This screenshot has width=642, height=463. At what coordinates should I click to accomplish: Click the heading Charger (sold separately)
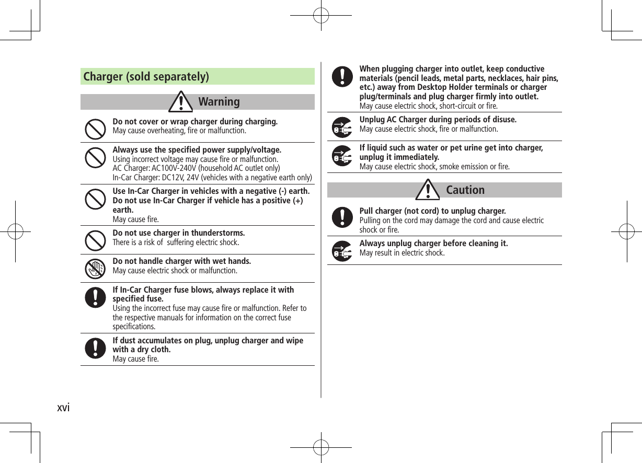tap(146, 77)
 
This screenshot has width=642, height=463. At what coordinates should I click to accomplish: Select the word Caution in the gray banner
tap(465, 190)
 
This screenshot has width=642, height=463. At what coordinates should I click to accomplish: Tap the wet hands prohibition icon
tap(95, 268)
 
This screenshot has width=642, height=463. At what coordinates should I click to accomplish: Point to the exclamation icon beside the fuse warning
tap(95, 297)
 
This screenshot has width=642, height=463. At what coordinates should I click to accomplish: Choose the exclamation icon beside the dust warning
tap(95, 349)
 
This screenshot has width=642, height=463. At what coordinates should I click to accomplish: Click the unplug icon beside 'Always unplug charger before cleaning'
tap(342, 251)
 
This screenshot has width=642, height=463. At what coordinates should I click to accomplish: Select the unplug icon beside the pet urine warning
tap(342, 156)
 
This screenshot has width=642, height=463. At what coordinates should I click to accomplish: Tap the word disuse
tap(503, 120)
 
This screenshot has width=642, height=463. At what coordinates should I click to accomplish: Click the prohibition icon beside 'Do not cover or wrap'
tap(95, 129)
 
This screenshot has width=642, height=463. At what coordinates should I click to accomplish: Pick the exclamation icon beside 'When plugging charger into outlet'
tap(342, 76)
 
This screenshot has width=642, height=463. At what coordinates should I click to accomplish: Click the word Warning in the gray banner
tap(219, 101)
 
